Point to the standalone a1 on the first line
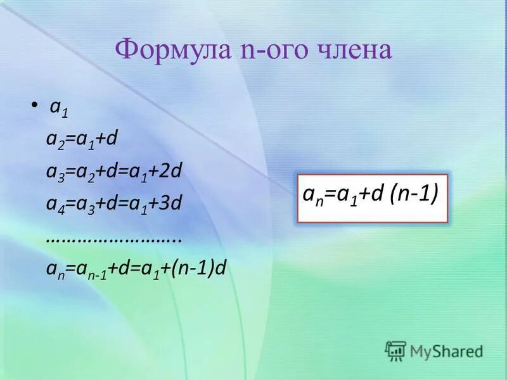pyautogui.click(x=59, y=108)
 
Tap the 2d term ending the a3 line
pyautogui.click(x=172, y=171)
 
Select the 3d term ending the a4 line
pyautogui.click(x=172, y=203)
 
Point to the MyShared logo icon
pyautogui.click(x=395, y=350)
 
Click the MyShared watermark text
pyautogui.click(x=446, y=350)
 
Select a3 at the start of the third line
pyautogui.click(x=53, y=172)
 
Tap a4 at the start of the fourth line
pyautogui.click(x=53, y=205)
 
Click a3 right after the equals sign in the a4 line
pyautogui.click(x=81, y=205)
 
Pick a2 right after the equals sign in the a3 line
pyautogui.click(x=81, y=172)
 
